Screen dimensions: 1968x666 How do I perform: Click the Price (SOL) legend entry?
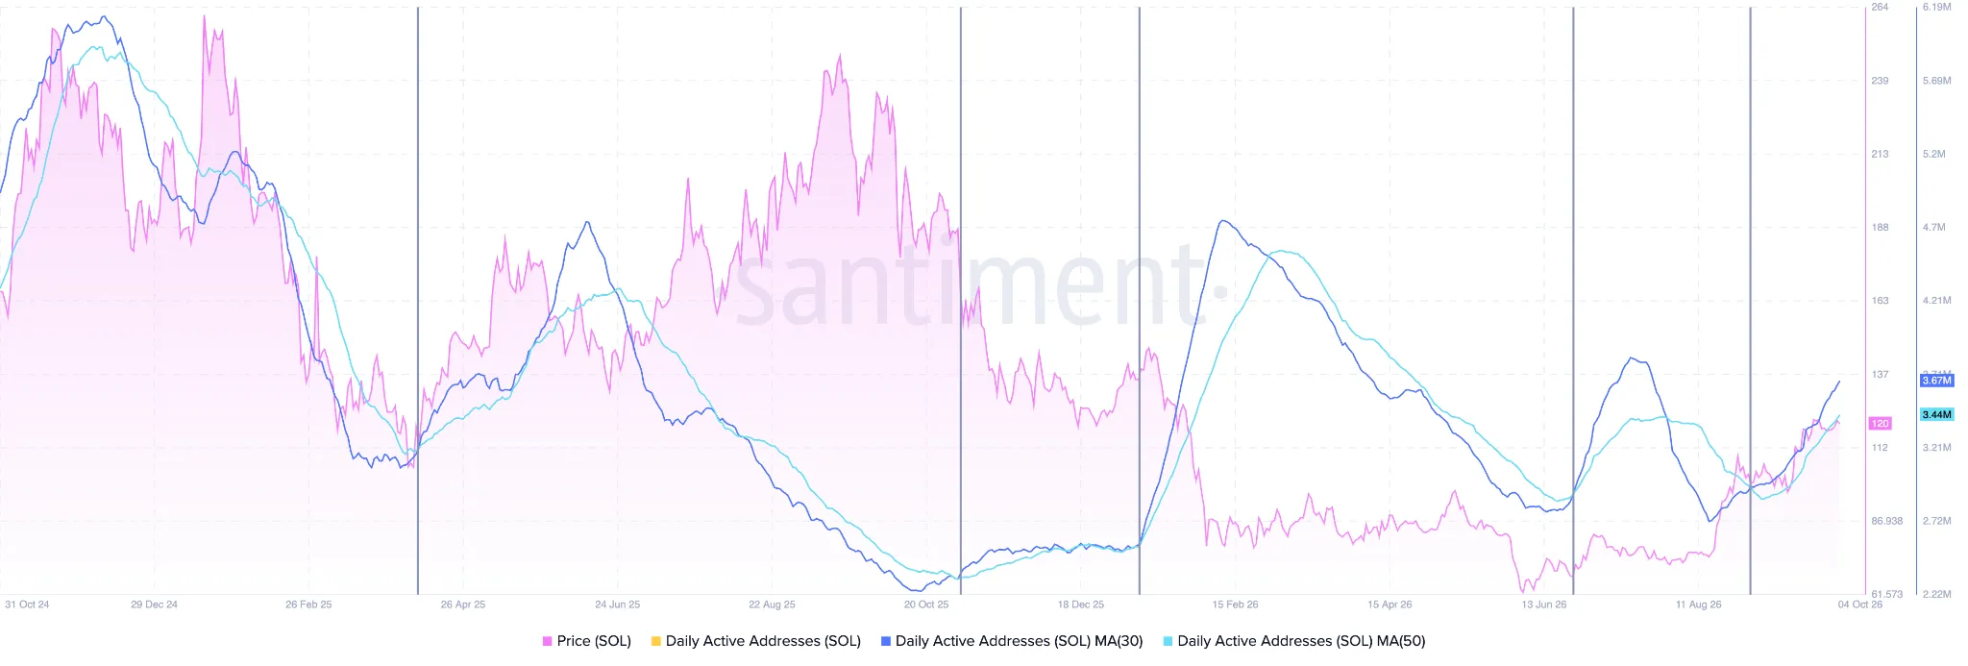click(586, 641)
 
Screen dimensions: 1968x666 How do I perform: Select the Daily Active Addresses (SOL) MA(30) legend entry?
click(1012, 641)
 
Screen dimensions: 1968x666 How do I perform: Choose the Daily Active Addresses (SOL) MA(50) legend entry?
click(1293, 641)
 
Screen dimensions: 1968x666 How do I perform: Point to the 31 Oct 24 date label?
click(27, 604)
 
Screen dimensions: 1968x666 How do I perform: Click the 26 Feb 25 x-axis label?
click(308, 604)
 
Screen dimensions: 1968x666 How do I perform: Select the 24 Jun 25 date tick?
click(617, 604)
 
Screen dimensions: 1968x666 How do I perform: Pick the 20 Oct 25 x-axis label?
click(926, 604)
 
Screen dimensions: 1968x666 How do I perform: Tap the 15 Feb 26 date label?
click(1235, 604)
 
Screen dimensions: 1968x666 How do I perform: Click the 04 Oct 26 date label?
click(1860, 604)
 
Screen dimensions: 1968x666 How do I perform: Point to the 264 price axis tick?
click(1880, 7)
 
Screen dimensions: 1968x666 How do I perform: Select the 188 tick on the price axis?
click(1880, 228)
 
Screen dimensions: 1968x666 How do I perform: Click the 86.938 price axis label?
click(1886, 521)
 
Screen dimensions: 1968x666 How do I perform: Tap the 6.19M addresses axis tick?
click(1936, 7)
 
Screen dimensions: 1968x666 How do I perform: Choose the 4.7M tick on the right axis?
click(1933, 228)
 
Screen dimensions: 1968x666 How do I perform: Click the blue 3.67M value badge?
click(1936, 381)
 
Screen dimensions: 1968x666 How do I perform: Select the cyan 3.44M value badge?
click(1936, 415)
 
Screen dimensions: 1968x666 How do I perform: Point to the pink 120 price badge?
click(1880, 424)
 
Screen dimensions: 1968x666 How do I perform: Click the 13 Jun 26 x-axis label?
click(1544, 604)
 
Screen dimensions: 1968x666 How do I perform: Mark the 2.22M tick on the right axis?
click(1936, 594)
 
